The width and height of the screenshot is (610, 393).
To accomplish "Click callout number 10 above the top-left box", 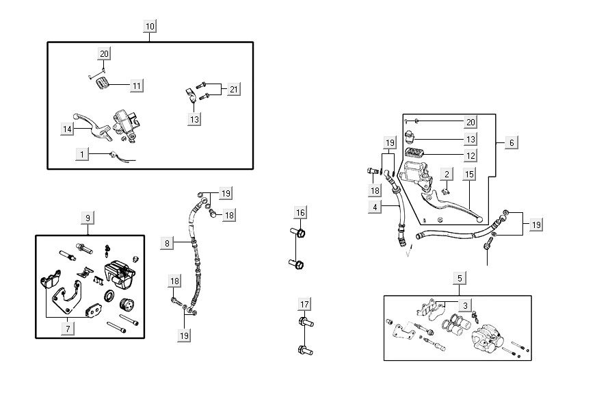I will coord(150,26).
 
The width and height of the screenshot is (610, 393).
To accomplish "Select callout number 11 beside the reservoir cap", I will coord(137,86).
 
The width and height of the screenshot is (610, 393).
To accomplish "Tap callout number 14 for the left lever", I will coord(67,128).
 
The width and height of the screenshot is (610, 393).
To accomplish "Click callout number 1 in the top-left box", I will coord(82,155).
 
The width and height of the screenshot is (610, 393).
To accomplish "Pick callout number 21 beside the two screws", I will coord(234,90).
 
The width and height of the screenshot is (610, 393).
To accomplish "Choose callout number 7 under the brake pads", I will coord(68,329).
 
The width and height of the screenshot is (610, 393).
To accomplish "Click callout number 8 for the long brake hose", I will coord(168,242).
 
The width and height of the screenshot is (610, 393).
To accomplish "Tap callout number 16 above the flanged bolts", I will coord(300,212).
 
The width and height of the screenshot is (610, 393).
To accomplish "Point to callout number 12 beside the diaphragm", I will coord(470,155).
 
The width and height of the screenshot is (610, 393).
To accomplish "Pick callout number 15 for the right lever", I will coord(469,174).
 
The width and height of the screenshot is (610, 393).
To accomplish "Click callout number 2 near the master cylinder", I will coord(446,175).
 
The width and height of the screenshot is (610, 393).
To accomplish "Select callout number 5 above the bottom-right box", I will coord(460,278).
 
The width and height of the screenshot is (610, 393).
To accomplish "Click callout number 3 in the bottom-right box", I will coord(465,305).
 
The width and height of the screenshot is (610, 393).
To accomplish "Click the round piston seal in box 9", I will coord(109,295).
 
